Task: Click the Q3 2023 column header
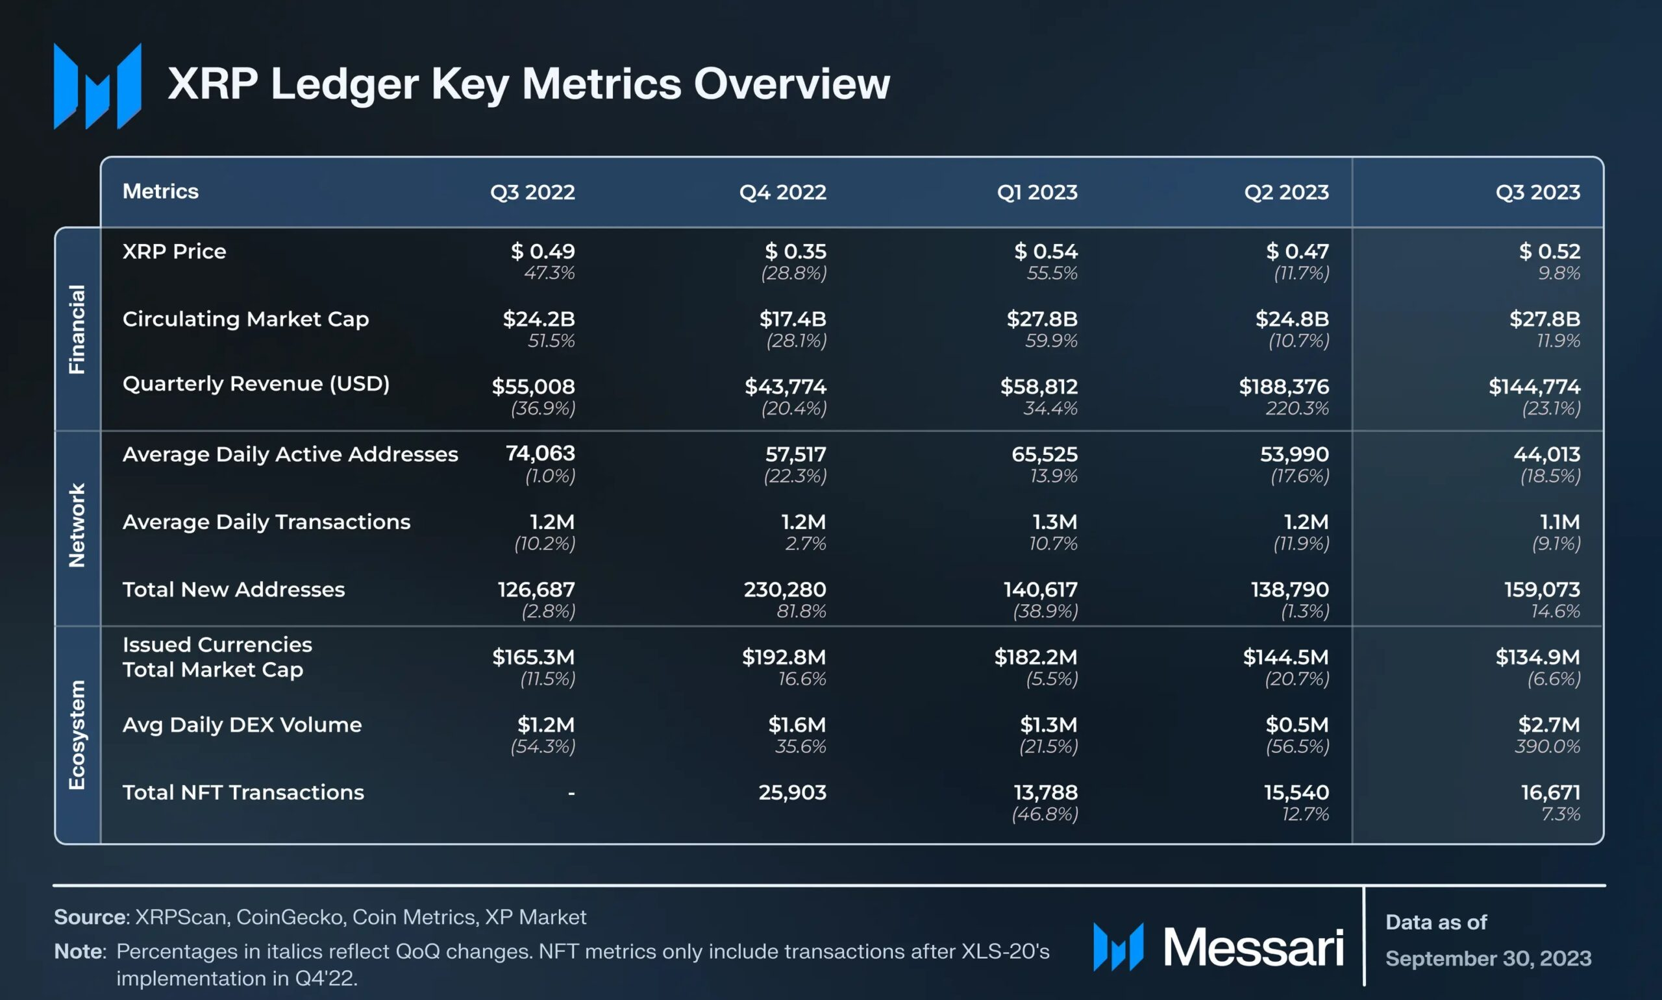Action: [1537, 192]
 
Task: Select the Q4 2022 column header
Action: [782, 192]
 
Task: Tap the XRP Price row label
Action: [174, 251]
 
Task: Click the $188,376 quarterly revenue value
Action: [1284, 387]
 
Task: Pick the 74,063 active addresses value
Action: [540, 454]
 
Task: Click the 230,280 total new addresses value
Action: [784, 590]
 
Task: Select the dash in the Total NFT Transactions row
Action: [571, 793]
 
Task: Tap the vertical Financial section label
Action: [77, 329]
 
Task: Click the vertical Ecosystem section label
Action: [77, 735]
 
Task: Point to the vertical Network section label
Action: [77, 526]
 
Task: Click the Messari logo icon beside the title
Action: [98, 86]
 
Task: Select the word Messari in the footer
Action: [1253, 947]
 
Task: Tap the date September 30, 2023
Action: [1487, 958]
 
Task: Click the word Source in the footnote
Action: [90, 917]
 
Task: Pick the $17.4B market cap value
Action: [792, 319]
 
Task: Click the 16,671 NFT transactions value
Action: [1550, 792]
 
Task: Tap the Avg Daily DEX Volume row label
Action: [242, 725]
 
